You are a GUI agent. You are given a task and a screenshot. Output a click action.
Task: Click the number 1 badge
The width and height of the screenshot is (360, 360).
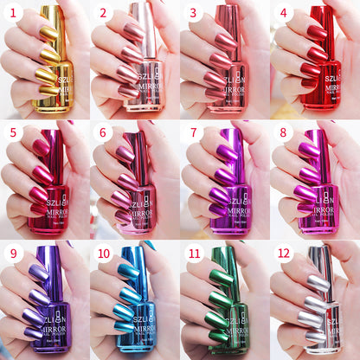coord(13,13)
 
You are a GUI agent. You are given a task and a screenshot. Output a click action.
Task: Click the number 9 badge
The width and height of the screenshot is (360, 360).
coord(13,253)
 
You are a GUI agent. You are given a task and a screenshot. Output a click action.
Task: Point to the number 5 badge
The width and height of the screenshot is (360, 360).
coord(13,132)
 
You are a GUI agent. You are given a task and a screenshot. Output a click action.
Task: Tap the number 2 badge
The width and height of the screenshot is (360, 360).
coord(103,13)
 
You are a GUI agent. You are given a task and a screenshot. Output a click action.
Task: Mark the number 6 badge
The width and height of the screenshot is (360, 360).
coord(103,132)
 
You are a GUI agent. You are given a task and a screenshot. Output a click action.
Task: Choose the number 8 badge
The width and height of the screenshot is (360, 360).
coord(284,132)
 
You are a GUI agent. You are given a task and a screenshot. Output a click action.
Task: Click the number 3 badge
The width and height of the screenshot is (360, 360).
coord(194,13)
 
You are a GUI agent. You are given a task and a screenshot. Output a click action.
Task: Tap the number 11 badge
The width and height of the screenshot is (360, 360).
coord(194,253)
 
